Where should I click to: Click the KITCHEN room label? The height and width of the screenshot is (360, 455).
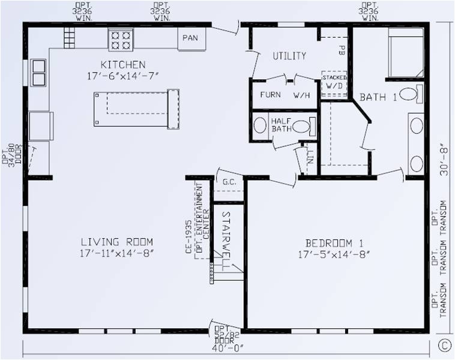point(123,64)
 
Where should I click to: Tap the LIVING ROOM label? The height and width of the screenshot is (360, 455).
point(117,242)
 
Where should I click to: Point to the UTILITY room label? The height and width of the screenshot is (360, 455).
point(289,56)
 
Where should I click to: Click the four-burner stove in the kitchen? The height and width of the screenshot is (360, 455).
point(121,40)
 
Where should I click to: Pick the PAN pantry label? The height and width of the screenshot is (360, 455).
point(191,38)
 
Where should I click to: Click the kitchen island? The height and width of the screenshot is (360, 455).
point(136,109)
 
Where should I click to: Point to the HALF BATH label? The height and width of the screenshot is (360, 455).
point(282,125)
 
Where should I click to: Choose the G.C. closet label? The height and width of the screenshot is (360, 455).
point(228,181)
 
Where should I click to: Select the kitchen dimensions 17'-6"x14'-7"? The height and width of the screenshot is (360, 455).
point(123,75)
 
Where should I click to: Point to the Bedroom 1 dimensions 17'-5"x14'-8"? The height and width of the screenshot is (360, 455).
point(334,254)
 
